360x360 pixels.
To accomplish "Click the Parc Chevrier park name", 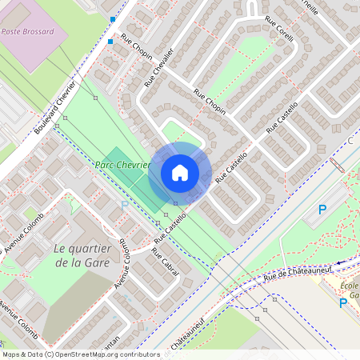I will pyautogui.click(x=123, y=164).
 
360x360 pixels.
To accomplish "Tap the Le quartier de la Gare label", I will pyautogui.click(x=80, y=255).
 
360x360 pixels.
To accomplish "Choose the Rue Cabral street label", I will pyautogui.click(x=166, y=262).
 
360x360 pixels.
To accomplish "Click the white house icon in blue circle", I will pyautogui.click(x=180, y=173).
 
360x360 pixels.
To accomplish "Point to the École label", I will pyautogui.click(x=349, y=286).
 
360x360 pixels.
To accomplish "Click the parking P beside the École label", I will pyautogui.click(x=343, y=302).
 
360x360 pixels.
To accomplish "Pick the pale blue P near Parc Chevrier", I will pyautogui.click(x=124, y=206).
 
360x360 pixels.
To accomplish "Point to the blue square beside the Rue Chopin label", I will pyautogui.click(x=110, y=41).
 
